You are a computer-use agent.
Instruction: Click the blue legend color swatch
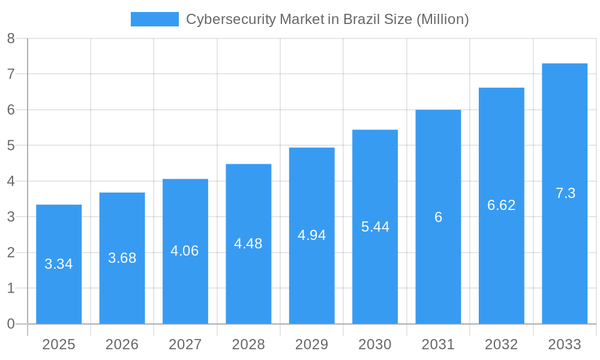(x=155, y=19)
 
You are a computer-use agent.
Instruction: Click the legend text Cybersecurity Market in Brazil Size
(x=327, y=19)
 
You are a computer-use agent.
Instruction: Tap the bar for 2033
(x=565, y=252)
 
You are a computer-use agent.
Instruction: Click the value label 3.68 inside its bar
(x=122, y=258)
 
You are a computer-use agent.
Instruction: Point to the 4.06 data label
(x=185, y=251)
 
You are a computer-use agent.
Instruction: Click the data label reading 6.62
(x=502, y=205)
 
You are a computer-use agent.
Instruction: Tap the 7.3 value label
(x=565, y=193)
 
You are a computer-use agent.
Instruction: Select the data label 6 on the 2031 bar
(x=438, y=217)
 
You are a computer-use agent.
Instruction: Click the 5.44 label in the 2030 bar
(x=375, y=227)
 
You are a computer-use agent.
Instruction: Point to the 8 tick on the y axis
(x=11, y=38)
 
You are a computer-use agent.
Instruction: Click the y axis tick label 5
(x=11, y=146)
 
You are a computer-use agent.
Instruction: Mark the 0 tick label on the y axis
(x=11, y=324)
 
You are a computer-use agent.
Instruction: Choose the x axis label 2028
(x=248, y=344)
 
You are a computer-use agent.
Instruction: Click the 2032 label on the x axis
(x=502, y=344)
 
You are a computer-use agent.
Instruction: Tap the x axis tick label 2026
(x=122, y=344)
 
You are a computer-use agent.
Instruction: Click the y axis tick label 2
(x=11, y=253)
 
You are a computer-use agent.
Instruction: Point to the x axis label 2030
(x=375, y=344)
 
